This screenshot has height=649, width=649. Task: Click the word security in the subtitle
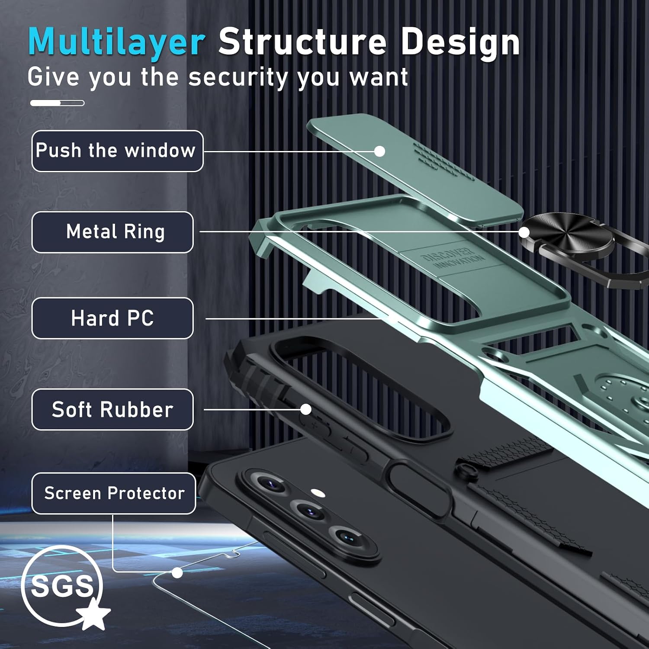[x=238, y=78]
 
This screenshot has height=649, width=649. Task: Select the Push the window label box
[x=117, y=151]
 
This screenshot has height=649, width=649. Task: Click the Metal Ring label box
[x=112, y=232]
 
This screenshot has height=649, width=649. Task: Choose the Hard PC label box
[x=112, y=318]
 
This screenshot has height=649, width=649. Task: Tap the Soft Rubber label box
[x=112, y=409]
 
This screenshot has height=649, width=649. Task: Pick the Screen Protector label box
[x=114, y=493]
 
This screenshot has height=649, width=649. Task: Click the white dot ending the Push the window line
[x=379, y=151]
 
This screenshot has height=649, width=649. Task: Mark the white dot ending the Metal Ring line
[x=524, y=232]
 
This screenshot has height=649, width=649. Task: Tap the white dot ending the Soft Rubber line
[x=306, y=409]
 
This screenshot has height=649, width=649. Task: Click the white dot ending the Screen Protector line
[x=177, y=573]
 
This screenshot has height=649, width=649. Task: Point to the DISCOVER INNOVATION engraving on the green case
[x=453, y=258]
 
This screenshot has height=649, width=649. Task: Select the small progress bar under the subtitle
[x=57, y=103]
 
